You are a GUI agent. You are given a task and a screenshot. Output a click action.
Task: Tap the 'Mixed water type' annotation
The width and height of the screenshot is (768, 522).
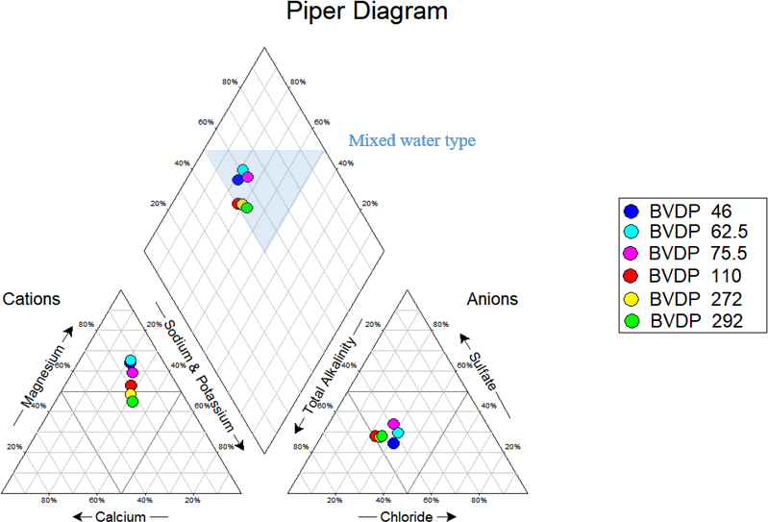click(411, 140)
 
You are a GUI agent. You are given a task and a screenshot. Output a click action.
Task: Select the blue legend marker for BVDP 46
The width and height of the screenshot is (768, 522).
click(631, 211)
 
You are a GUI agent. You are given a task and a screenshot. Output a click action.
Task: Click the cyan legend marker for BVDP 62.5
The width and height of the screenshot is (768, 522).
click(631, 232)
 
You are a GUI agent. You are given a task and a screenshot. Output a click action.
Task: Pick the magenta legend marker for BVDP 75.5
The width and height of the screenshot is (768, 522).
click(631, 254)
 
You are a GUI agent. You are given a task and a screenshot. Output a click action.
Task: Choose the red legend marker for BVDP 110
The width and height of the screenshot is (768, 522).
click(631, 276)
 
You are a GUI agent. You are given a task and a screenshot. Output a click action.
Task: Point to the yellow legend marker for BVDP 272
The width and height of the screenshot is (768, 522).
click(631, 298)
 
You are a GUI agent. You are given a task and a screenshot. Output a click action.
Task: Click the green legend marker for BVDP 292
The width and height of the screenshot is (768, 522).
click(631, 320)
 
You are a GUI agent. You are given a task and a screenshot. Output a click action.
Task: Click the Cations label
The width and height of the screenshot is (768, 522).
click(32, 299)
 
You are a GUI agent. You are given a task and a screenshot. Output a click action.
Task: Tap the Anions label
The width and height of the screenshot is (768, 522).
click(491, 299)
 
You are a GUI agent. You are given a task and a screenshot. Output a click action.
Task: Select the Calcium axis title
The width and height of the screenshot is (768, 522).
click(120, 517)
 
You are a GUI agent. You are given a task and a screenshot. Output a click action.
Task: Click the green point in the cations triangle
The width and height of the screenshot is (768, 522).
click(133, 402)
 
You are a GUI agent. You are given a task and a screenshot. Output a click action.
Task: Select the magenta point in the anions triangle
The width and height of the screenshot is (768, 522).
click(392, 424)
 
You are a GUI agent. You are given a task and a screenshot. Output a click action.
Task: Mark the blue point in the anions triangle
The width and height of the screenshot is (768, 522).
click(393, 443)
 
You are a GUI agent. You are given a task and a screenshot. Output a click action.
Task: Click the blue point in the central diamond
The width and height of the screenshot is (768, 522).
click(237, 180)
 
